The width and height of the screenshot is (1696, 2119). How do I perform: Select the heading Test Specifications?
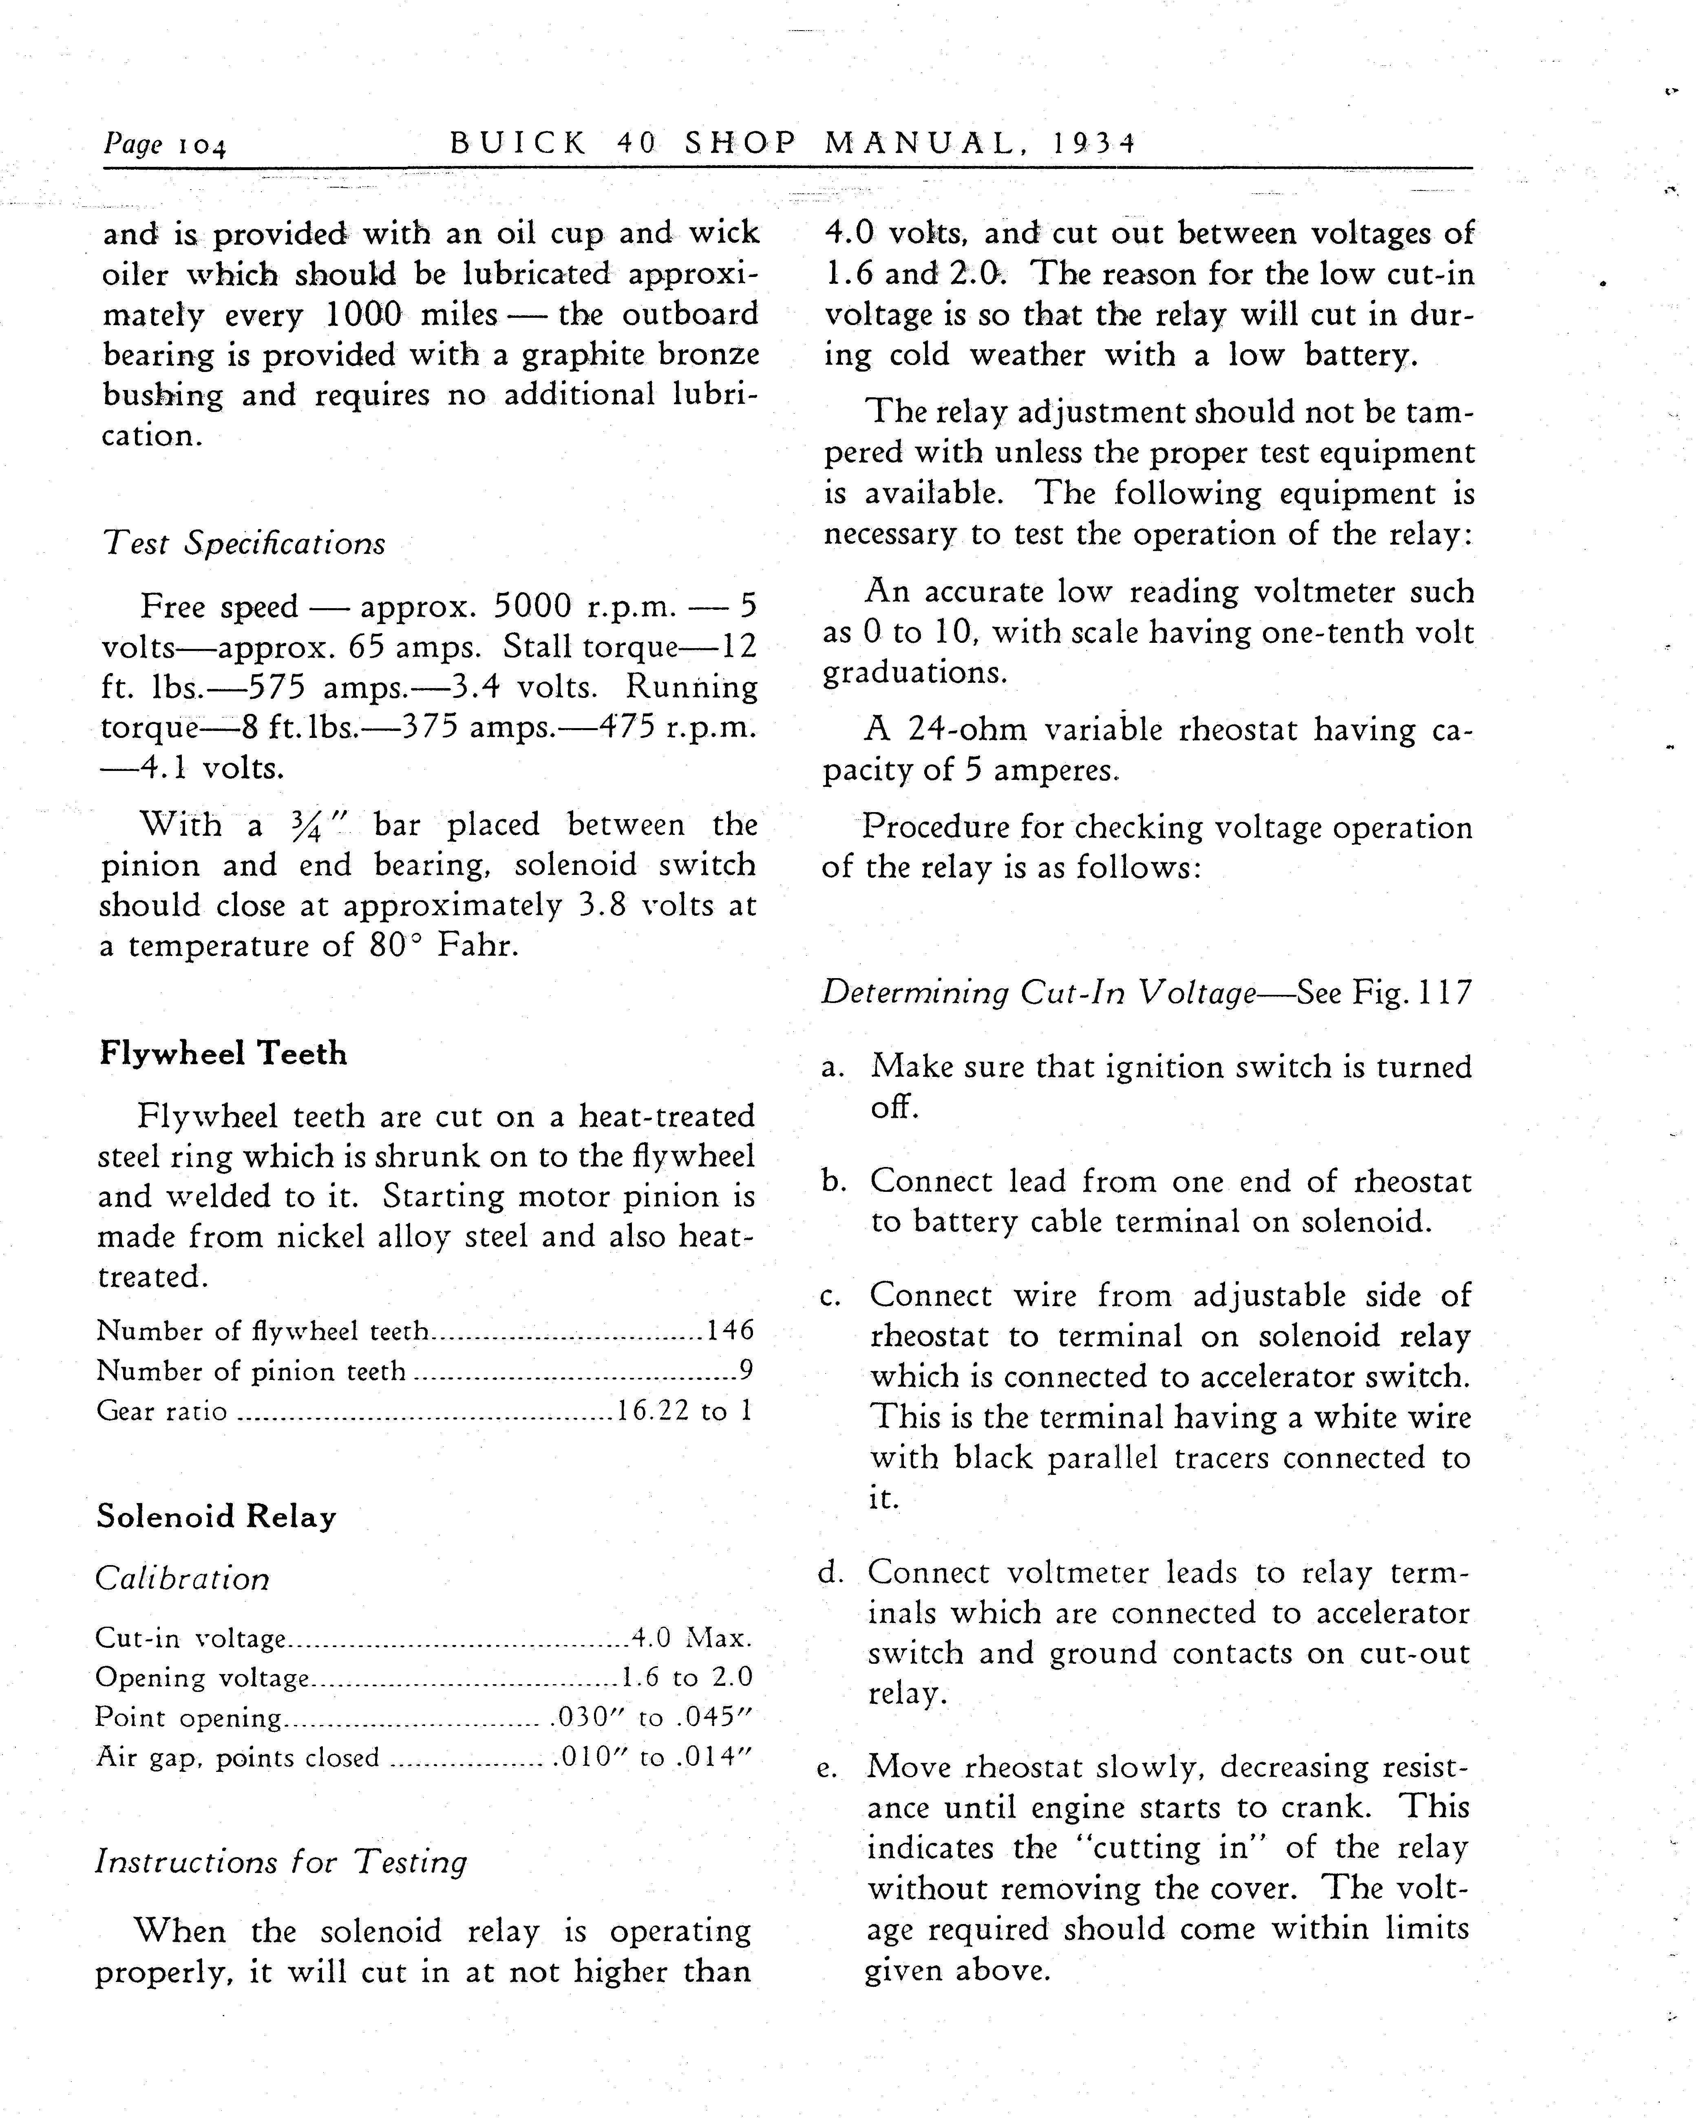click(244, 543)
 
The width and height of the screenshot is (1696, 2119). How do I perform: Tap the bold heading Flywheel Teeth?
click(223, 1054)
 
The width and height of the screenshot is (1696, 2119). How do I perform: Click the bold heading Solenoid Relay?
click(216, 1517)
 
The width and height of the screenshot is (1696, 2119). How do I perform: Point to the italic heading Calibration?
click(182, 1579)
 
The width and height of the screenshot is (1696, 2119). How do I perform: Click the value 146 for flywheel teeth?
click(730, 1331)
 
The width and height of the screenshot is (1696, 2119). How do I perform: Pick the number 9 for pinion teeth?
click(747, 1371)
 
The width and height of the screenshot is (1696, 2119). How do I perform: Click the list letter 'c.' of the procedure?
click(830, 1298)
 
